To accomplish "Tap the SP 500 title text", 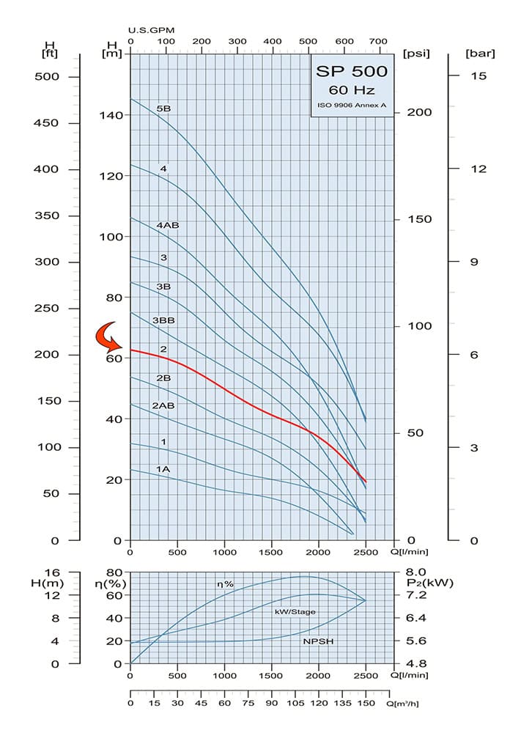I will coord(351,72).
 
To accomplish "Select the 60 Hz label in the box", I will coord(352,91).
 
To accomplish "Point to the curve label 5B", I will coord(163,108).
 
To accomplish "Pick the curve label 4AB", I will coord(167,225).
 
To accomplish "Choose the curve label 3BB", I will coord(163,320).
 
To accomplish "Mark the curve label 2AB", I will coord(163,405).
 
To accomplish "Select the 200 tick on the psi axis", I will coord(414,112).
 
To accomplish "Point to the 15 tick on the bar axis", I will coord(477,77).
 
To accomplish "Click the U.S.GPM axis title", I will coord(152,30).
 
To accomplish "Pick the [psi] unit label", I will coord(415,53).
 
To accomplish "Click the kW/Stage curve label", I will coord(295,611).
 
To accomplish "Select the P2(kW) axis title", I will coord(428,583).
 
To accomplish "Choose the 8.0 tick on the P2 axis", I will coord(415,572).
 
